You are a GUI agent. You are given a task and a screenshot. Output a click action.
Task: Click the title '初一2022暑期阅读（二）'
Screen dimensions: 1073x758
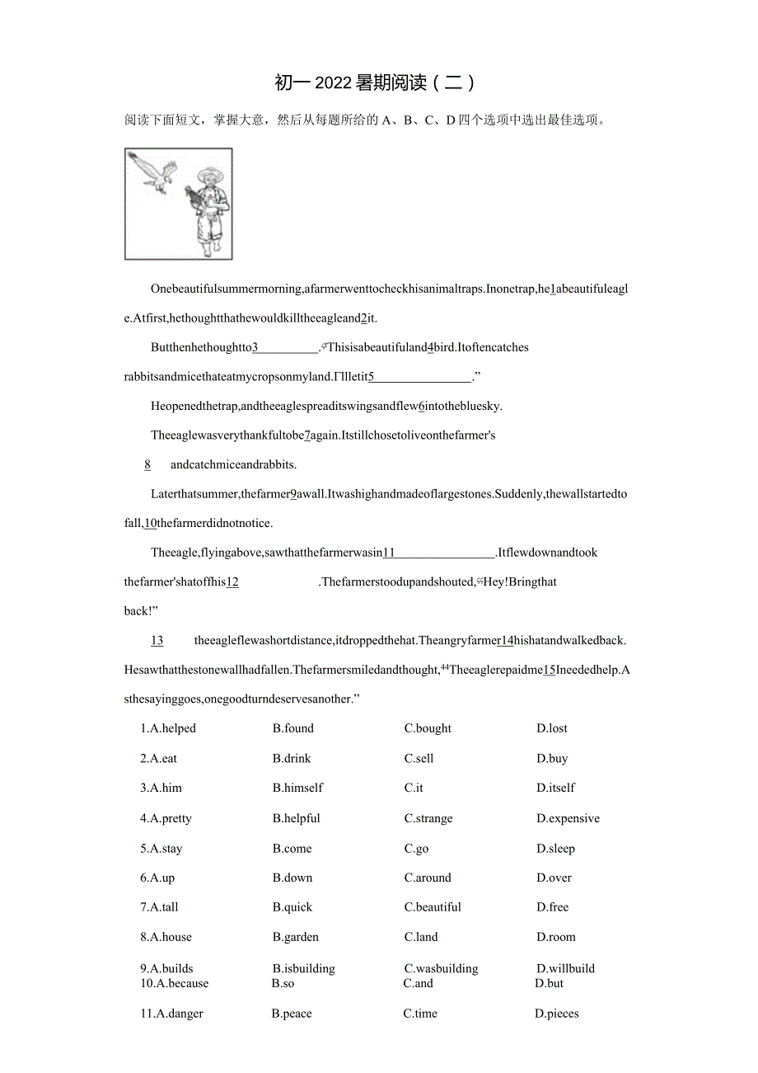[x=375, y=82]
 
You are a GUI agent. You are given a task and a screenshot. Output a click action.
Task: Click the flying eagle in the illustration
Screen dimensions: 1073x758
[x=157, y=172]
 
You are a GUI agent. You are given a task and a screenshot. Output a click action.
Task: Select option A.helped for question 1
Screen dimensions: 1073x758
[x=168, y=728]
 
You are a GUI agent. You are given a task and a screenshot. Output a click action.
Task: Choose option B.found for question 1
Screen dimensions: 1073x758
[x=293, y=728]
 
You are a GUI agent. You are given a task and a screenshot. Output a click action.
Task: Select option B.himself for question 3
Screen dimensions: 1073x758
[x=297, y=788]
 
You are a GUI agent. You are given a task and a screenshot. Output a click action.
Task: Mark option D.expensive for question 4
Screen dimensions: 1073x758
[x=568, y=818]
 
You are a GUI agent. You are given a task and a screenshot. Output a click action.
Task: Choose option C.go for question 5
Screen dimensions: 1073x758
[x=416, y=849]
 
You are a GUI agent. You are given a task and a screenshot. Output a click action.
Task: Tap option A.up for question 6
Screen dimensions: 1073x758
[x=157, y=878]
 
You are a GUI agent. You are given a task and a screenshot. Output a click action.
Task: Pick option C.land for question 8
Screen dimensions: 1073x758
[x=421, y=937]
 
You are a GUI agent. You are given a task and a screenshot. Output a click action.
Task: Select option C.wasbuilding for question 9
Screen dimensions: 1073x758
[x=441, y=968]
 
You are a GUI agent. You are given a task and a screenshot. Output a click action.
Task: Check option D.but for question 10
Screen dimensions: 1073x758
[x=549, y=983]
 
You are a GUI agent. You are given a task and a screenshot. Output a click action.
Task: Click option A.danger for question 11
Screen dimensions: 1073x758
[x=171, y=1014]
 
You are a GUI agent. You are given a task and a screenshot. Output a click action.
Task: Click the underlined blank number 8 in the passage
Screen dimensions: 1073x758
[x=147, y=464]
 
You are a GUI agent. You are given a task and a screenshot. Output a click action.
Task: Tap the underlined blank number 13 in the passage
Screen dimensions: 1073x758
[x=157, y=640]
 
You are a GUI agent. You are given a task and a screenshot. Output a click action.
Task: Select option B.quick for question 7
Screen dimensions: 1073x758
[x=292, y=907]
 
